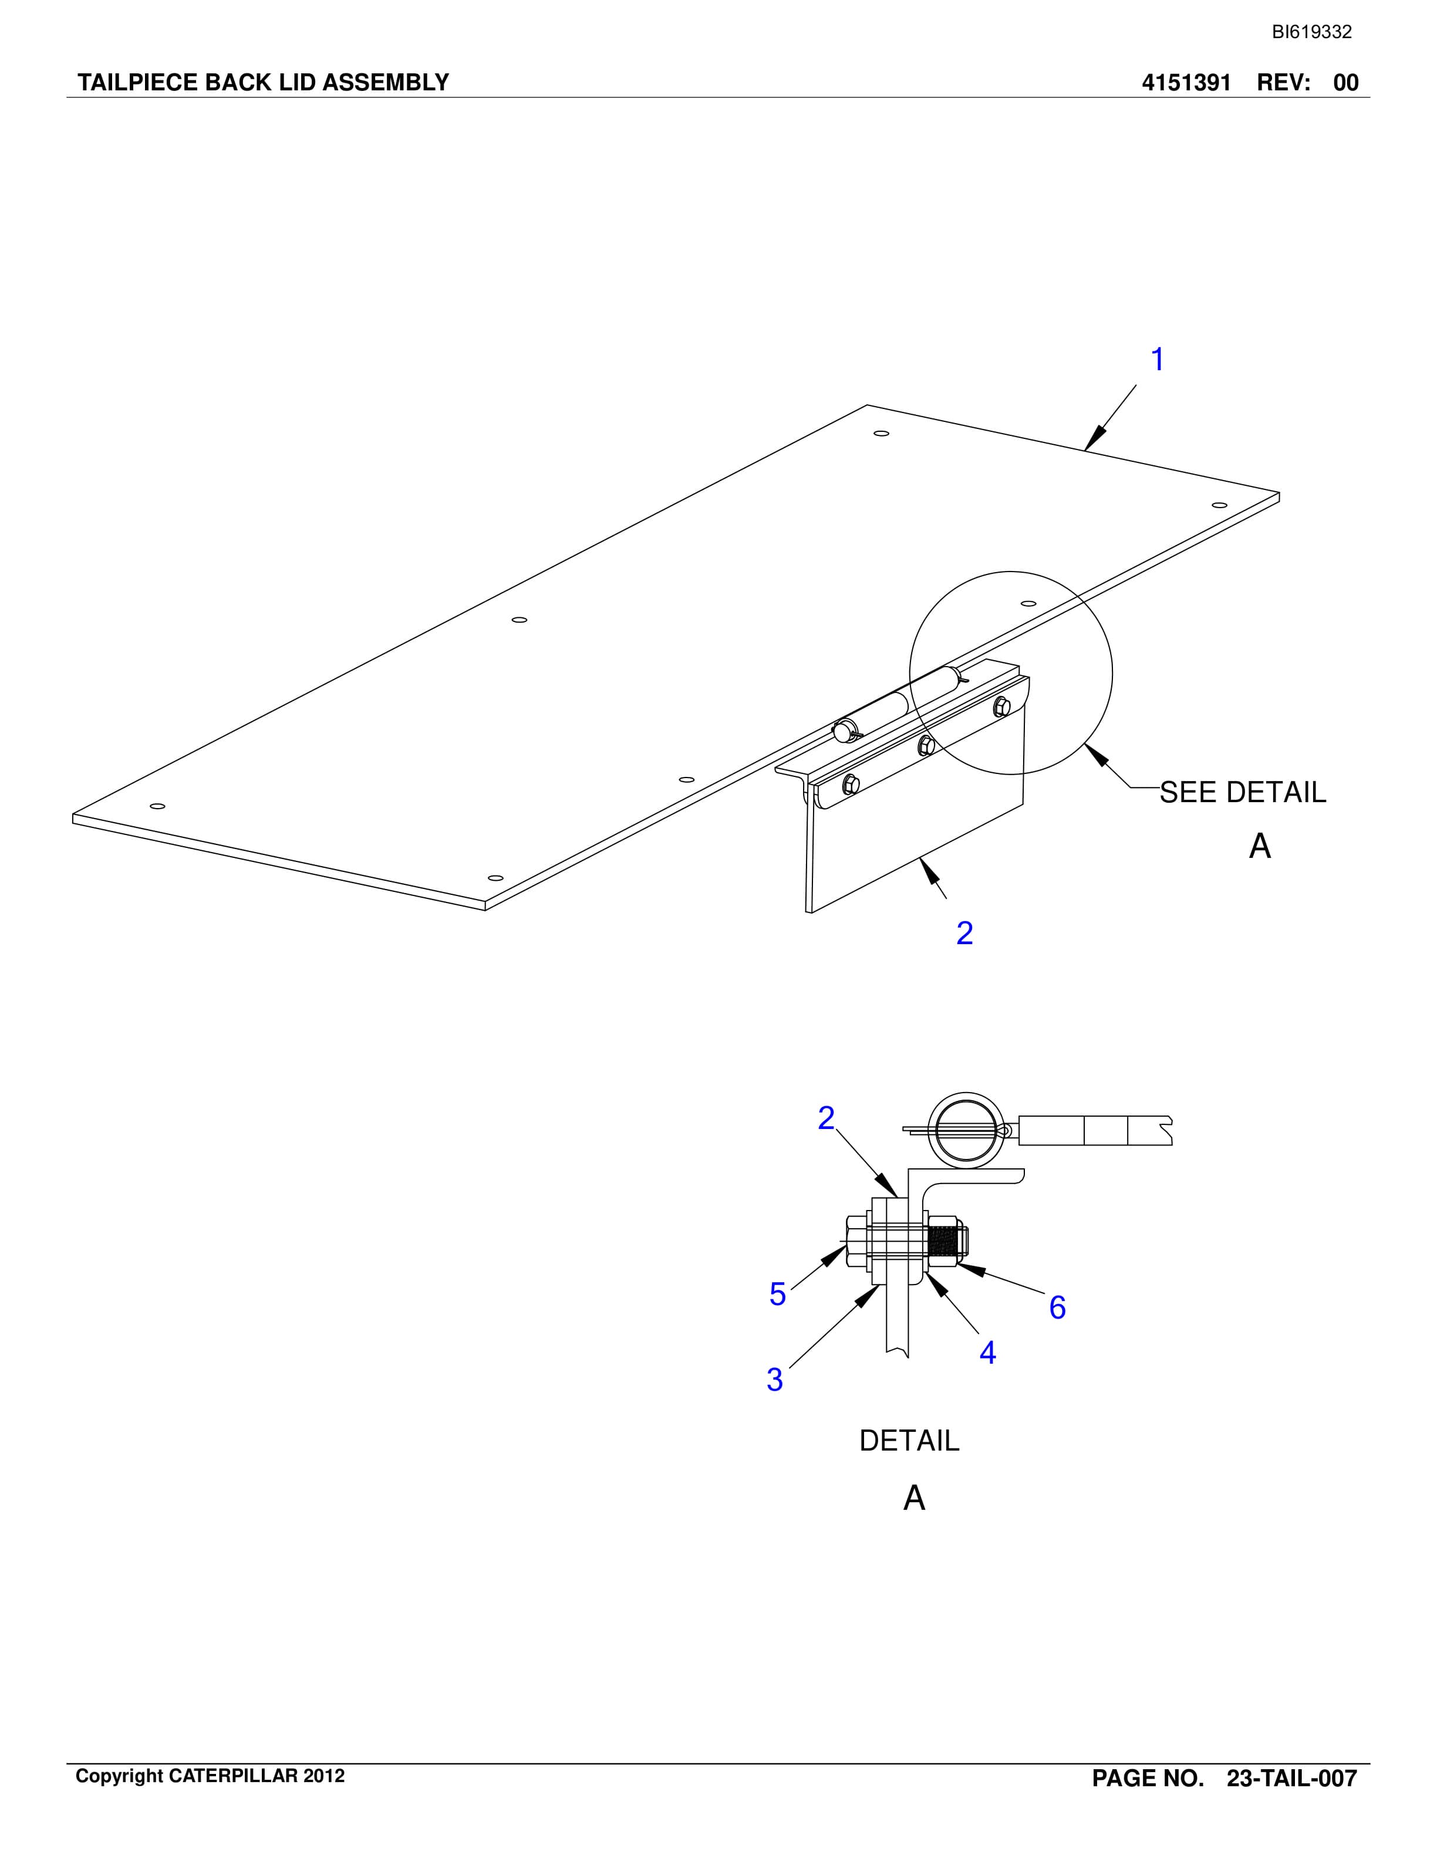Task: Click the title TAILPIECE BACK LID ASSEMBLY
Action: click(x=263, y=83)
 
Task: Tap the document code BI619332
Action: click(x=1312, y=32)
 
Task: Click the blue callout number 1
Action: click(x=1157, y=359)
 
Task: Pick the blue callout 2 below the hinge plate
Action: click(x=964, y=933)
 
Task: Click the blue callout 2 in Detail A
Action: click(x=826, y=1118)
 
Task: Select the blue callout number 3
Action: click(x=775, y=1379)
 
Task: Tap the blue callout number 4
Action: click(x=987, y=1351)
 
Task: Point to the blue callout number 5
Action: click(x=777, y=1294)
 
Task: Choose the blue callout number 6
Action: click(x=1057, y=1307)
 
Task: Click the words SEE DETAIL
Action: click(x=1243, y=792)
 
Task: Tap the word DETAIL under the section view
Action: click(x=909, y=1440)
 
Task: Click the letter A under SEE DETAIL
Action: click(x=1260, y=846)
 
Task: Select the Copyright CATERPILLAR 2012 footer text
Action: click(x=210, y=1776)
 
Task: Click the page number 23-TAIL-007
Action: click(x=1291, y=1778)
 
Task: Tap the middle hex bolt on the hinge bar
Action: click(x=926, y=746)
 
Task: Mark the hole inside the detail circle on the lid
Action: click(x=1028, y=603)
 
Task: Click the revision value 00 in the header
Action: click(x=1346, y=83)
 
